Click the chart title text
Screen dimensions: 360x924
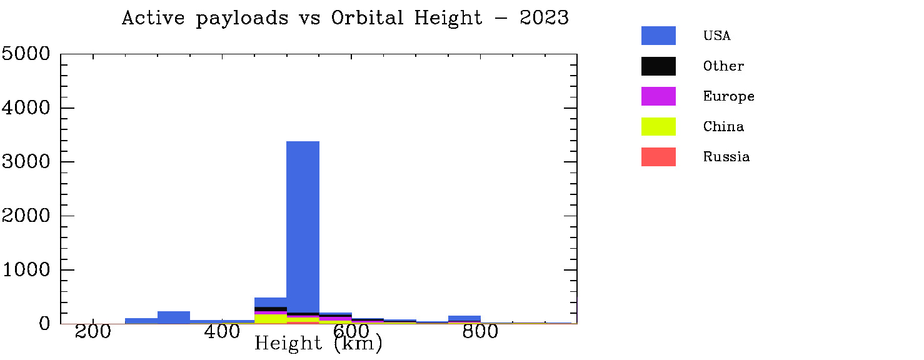pyautogui.click(x=345, y=18)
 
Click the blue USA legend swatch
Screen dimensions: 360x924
pyautogui.click(x=658, y=36)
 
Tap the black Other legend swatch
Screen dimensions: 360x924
pyautogui.click(x=658, y=66)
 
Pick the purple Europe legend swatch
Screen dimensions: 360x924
pyautogui.click(x=658, y=96)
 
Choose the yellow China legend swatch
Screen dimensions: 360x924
pyautogui.click(x=658, y=126)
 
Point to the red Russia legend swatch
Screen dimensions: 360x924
pyautogui.click(x=658, y=157)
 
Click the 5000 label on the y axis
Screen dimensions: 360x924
pyautogui.click(x=26, y=54)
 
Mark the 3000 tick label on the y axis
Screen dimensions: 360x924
pyautogui.click(x=26, y=162)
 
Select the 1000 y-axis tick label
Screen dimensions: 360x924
pyautogui.click(x=26, y=270)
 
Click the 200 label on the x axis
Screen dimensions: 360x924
pyautogui.click(x=93, y=332)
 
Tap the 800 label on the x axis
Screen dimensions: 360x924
pyautogui.click(x=480, y=332)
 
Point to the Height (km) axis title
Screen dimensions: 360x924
pyautogui.click(x=318, y=343)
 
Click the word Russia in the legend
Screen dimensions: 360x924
pyautogui.click(x=726, y=157)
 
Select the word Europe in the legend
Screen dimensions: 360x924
pyautogui.click(x=729, y=96)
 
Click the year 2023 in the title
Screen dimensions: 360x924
pyautogui.click(x=544, y=18)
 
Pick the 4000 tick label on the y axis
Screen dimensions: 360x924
pyautogui.click(x=26, y=108)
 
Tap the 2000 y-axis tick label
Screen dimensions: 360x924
pyautogui.click(x=26, y=216)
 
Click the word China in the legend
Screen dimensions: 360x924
pyautogui.click(x=723, y=126)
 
